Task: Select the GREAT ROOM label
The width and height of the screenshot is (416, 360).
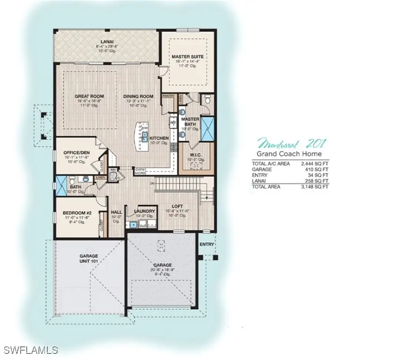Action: pos(89,97)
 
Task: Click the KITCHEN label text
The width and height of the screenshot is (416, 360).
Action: pos(159,138)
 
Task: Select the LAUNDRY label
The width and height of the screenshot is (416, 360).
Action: pos(144,211)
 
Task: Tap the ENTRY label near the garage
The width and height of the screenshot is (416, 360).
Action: pos(207,244)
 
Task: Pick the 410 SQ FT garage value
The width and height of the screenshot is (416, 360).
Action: pos(317,170)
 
